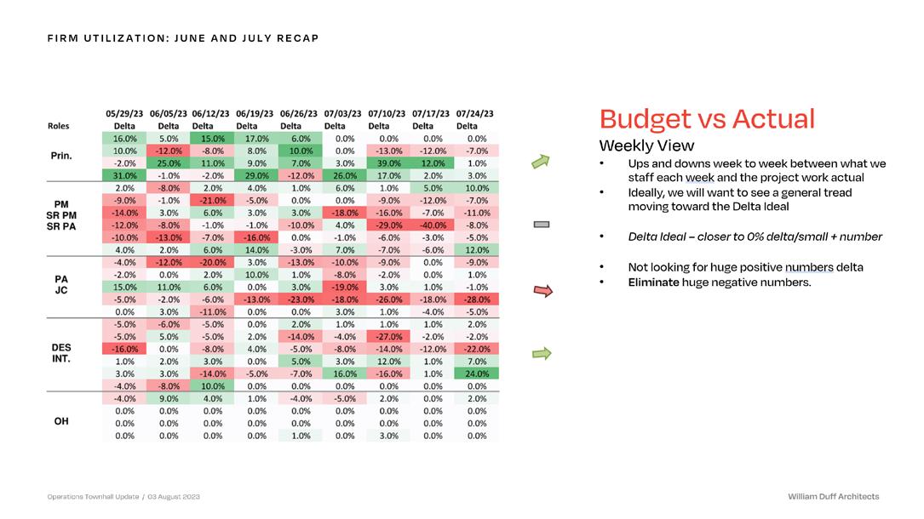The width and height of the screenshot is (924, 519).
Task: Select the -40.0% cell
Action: click(433, 225)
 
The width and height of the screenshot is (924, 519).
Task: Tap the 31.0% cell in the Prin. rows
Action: click(124, 175)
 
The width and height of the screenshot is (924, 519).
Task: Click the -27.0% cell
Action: click(389, 335)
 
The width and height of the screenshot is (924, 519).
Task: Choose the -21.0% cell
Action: click(212, 200)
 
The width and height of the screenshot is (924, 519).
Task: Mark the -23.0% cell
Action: click(301, 299)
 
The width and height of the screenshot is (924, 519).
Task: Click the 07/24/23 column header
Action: click(475, 113)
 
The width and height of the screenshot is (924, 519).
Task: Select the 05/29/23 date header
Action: click(124, 113)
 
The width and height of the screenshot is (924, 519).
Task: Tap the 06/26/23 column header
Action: click(300, 113)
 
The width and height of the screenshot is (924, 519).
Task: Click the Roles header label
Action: click(59, 126)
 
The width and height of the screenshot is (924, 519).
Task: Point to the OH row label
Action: click(61, 420)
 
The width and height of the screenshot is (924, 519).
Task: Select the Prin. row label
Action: click(61, 156)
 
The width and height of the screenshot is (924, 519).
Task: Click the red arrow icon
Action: click(542, 292)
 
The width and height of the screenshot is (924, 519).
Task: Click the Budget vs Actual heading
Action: click(707, 118)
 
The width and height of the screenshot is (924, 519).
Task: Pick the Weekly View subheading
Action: click(646, 145)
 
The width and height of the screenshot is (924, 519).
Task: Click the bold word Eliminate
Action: click(653, 282)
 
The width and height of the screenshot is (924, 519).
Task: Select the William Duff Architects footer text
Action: click(834, 496)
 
